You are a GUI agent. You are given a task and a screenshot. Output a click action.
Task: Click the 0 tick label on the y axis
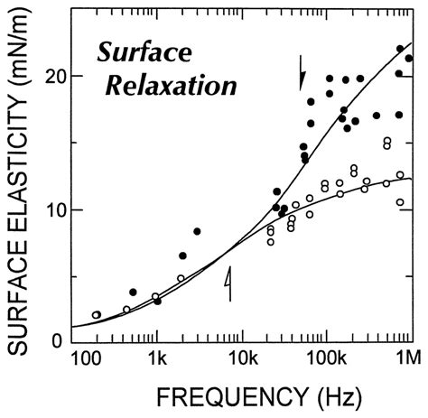point(56,341)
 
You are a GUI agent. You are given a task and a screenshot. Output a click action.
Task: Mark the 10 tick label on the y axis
point(51,209)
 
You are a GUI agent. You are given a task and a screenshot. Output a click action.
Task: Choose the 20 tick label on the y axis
point(51,77)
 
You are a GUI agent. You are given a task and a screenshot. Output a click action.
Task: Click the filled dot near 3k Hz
point(197,231)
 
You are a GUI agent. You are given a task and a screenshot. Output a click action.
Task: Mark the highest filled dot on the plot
point(400,49)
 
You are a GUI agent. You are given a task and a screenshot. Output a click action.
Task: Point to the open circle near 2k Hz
point(181,279)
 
